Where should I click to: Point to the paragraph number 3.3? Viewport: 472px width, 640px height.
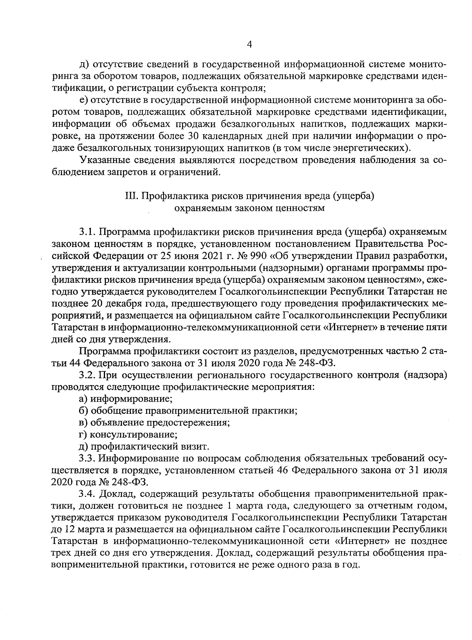[x=86, y=458]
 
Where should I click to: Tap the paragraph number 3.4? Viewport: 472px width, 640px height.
[x=86, y=494]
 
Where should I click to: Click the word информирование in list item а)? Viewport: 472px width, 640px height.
[x=132, y=399]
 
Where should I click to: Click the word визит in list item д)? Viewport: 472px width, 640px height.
[x=197, y=447]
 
